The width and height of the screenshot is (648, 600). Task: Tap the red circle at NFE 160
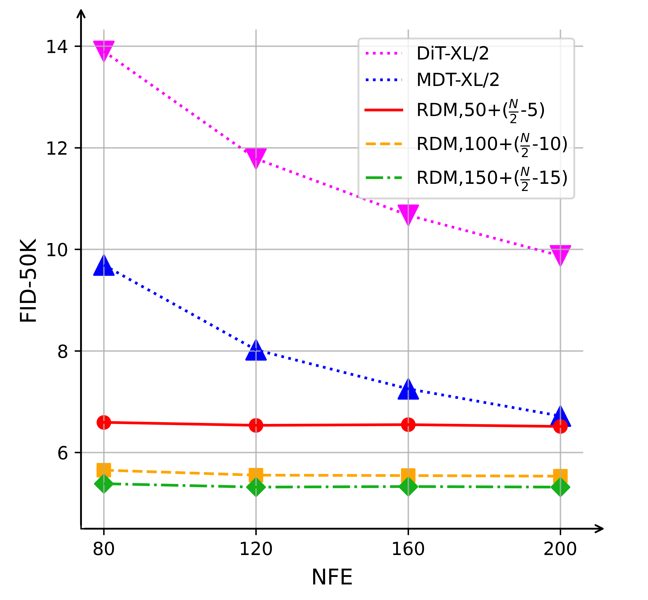(x=408, y=425)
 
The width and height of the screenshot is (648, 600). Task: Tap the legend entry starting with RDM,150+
(x=492, y=178)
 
